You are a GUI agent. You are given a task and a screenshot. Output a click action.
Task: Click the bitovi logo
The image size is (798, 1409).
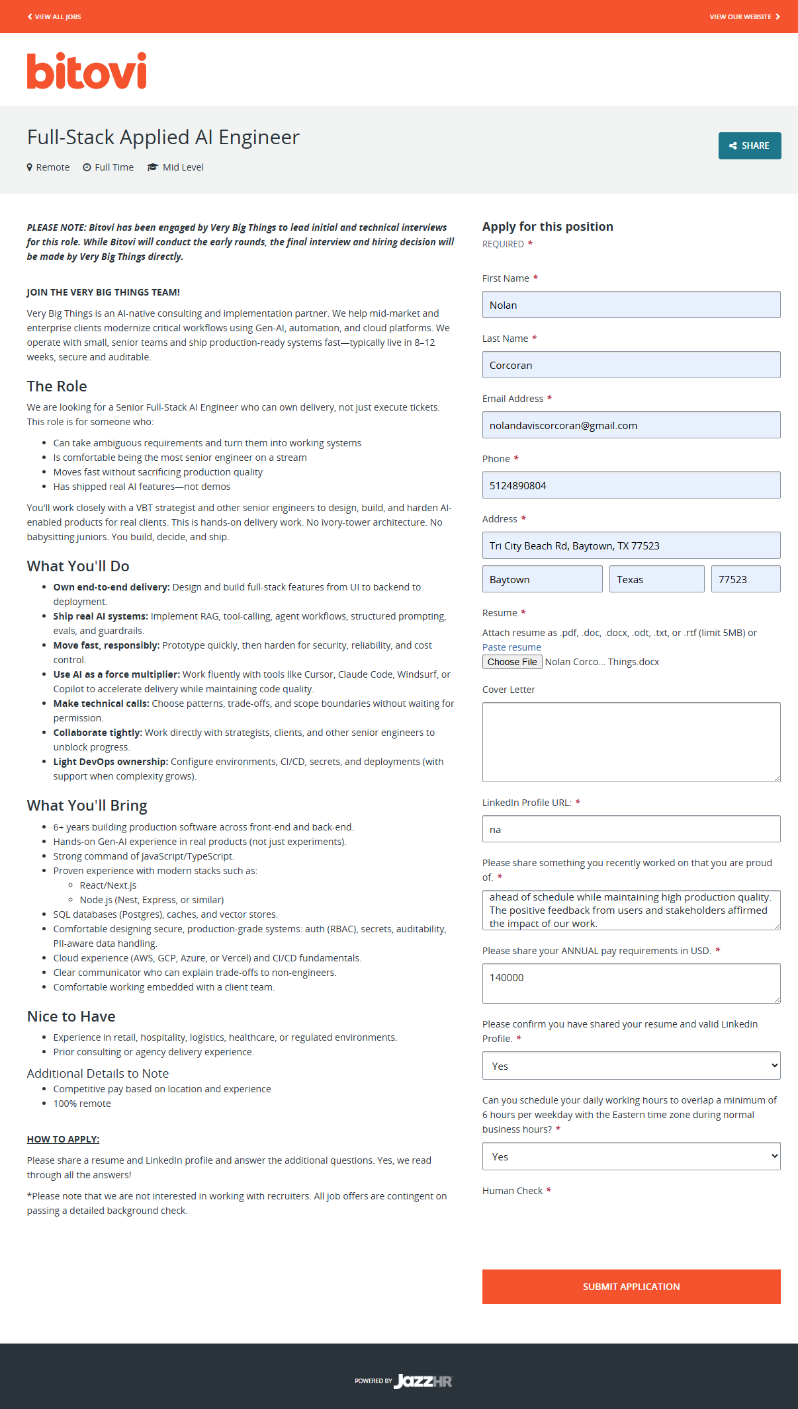[87, 71]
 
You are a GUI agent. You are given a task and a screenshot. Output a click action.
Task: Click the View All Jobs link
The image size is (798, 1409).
[54, 17]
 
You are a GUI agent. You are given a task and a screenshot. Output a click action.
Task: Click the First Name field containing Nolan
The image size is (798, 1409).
[631, 305]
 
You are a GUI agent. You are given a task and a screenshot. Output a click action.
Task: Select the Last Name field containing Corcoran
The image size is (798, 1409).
[631, 365]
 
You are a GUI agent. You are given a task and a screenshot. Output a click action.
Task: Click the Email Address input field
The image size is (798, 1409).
[631, 425]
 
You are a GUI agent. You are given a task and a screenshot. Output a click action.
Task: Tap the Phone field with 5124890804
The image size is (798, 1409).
[631, 485]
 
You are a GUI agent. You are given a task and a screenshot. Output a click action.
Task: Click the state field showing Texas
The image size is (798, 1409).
[656, 579]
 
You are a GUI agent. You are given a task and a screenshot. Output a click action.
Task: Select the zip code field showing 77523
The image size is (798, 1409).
[745, 579]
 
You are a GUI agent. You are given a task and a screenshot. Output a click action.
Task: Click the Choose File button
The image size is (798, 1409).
[512, 662]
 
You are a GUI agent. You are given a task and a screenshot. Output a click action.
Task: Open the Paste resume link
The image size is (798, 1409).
[511, 647]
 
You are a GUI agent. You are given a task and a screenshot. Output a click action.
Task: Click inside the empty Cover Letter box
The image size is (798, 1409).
[631, 742]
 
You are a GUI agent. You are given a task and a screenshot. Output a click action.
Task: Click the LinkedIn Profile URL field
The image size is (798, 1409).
[631, 829]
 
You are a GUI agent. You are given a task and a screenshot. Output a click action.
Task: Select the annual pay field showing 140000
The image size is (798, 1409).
[631, 983]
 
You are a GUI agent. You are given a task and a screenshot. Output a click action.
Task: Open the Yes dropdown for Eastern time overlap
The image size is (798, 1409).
[631, 1156]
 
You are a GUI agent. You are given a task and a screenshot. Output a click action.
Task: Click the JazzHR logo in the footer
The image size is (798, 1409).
[423, 1381]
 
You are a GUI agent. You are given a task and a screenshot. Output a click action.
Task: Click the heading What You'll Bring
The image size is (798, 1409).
[87, 805]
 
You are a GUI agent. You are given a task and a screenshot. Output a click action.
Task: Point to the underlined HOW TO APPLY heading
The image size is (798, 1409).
[63, 1139]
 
